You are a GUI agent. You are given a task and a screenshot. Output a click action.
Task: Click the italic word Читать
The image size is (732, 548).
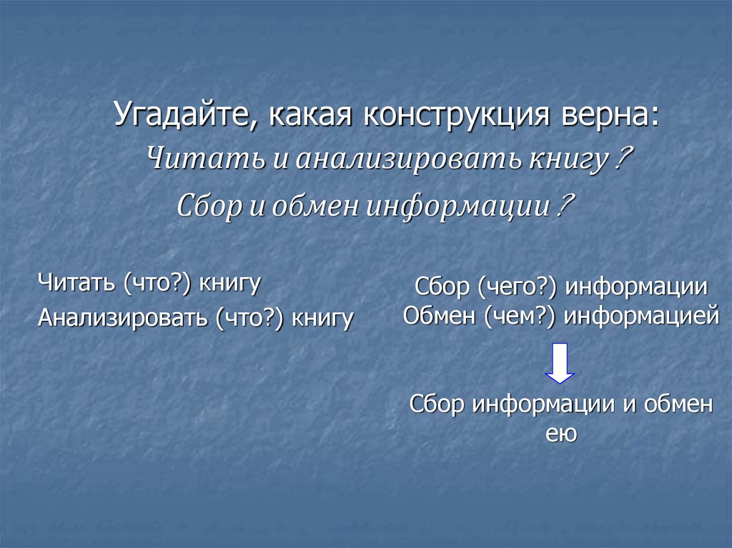click(x=204, y=159)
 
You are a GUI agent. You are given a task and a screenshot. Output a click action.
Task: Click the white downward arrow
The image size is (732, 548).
click(x=560, y=362)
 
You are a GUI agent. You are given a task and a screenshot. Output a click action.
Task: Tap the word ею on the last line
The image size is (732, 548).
click(x=561, y=433)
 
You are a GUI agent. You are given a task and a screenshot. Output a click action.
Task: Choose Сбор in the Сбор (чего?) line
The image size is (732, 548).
click(x=437, y=287)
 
